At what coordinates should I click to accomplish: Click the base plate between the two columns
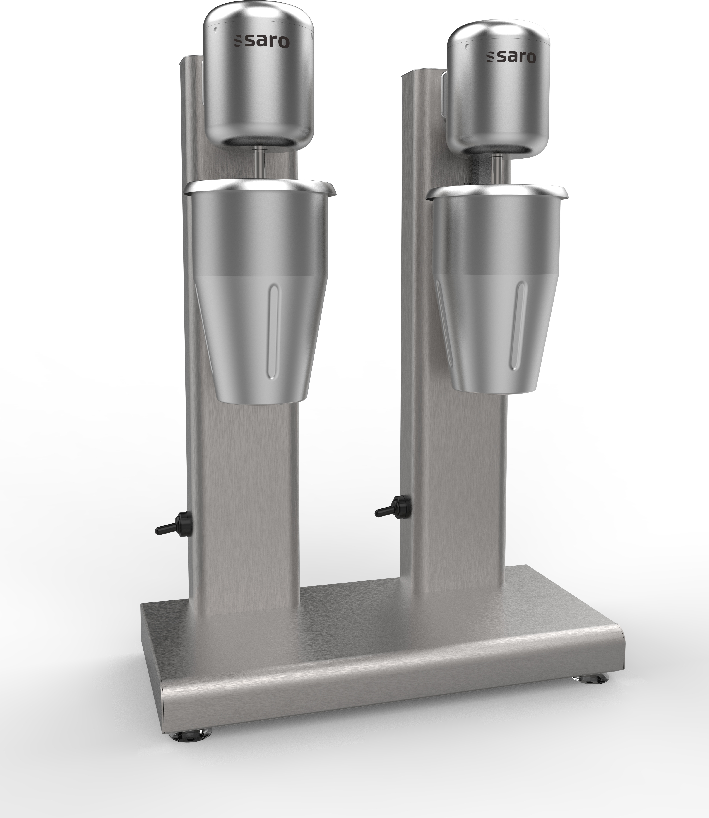348,617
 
